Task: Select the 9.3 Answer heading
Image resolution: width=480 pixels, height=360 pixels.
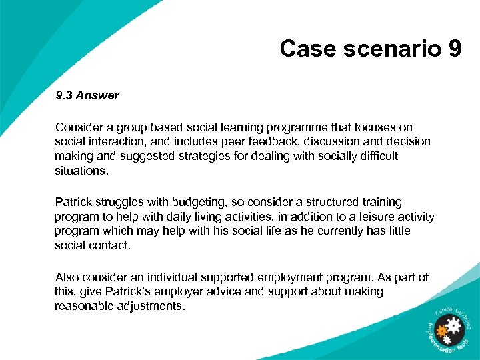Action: click(87, 95)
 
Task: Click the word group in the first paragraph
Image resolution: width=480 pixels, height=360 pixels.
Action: click(134, 127)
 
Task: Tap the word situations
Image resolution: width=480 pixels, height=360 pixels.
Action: click(81, 171)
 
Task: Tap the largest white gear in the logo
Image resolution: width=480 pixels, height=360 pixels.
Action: click(454, 326)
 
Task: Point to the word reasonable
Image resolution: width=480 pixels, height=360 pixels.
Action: click(83, 306)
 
